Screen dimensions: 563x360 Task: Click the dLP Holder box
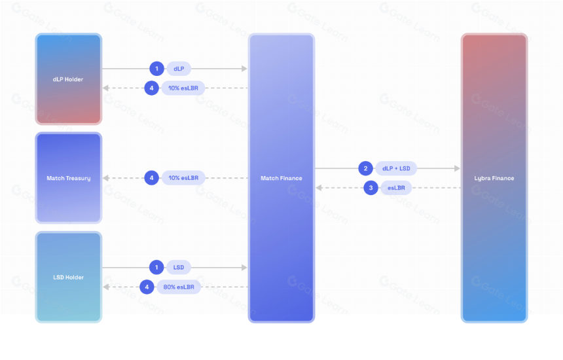[68, 79]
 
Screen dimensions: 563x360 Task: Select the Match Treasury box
[68, 178]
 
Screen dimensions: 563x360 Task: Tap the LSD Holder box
[68, 277]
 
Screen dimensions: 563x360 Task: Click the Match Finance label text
[281, 178]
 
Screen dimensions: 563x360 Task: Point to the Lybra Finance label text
[494, 178]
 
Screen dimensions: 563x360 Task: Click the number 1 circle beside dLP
[156, 69]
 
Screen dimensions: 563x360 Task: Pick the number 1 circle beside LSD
[156, 268]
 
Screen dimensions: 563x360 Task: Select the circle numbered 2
[365, 168]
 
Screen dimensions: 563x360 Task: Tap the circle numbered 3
[371, 188]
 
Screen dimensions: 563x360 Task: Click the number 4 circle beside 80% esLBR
[147, 287]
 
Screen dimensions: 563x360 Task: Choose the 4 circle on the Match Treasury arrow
[151, 177]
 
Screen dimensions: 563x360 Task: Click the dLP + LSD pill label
[396, 168]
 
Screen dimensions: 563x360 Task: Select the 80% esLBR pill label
[179, 287]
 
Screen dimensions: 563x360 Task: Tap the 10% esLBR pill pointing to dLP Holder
[183, 88]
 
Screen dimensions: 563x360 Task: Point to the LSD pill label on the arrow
[179, 268]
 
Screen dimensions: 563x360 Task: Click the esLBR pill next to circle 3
[396, 188]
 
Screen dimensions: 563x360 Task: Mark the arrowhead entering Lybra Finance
[457, 168]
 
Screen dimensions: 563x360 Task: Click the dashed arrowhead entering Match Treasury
[105, 178]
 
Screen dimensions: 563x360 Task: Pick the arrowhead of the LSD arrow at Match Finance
[244, 268]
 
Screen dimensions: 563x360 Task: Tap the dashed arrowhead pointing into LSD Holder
[105, 287]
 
